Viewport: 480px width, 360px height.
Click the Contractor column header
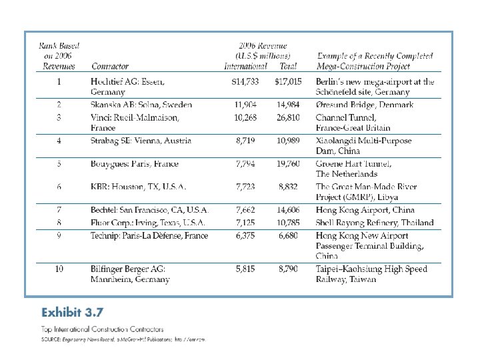coord(110,67)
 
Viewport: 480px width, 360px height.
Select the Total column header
coord(288,67)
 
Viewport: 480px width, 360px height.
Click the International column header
coord(245,67)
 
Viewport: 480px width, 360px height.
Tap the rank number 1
coord(59,81)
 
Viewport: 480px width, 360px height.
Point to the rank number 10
coord(59,269)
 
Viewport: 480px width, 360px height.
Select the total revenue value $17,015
coord(288,81)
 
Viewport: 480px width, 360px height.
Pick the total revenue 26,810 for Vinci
coord(288,117)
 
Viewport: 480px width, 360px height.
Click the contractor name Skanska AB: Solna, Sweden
coord(141,105)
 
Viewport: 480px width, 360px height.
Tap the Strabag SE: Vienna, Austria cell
coord(141,141)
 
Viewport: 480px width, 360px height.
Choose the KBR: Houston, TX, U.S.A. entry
coord(138,187)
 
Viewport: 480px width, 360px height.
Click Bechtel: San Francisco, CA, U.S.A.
coord(150,209)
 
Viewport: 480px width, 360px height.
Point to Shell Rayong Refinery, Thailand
coord(375,223)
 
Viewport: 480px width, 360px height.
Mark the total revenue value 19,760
coord(288,164)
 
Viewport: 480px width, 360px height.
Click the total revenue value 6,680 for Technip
coord(290,235)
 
